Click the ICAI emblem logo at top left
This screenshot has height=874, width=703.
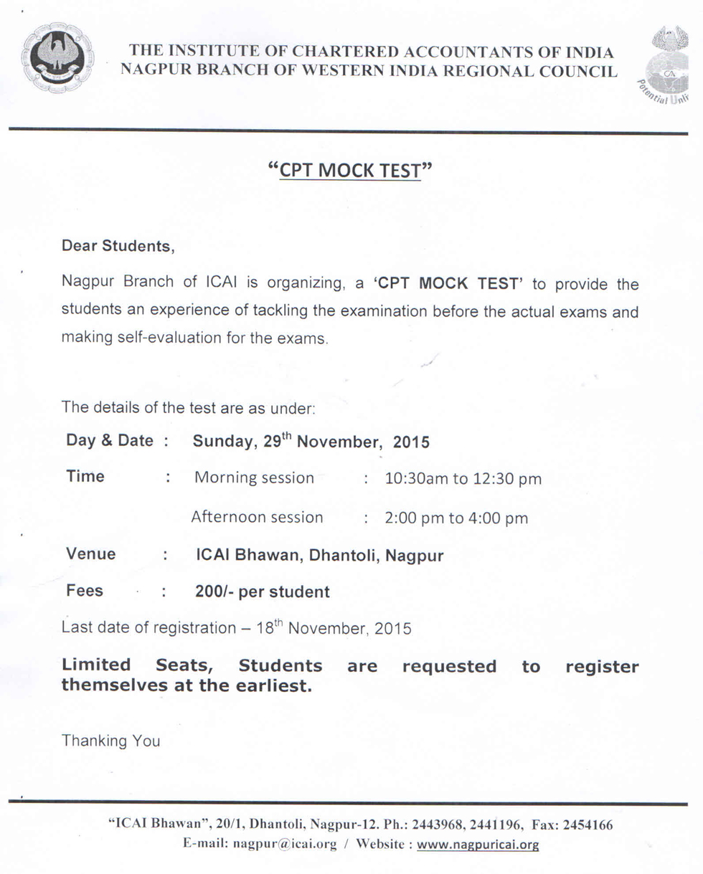click(57, 58)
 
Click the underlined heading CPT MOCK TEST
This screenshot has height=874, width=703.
click(350, 171)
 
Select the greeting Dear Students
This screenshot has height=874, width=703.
click(118, 246)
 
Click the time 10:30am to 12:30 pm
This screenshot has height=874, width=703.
click(463, 478)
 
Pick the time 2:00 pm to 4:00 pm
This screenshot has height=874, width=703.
click(456, 518)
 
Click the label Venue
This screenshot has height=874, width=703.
click(91, 554)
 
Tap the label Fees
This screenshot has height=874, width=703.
click(85, 592)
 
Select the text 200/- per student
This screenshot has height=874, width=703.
click(263, 592)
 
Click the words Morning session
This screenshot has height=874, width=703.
click(254, 478)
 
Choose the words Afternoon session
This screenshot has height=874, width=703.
click(257, 517)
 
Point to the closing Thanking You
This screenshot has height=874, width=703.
click(111, 741)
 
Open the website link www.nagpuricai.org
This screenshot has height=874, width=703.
click(478, 845)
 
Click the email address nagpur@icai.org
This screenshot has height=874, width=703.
click(285, 844)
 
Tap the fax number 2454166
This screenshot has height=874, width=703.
click(588, 825)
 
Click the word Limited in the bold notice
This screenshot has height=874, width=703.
click(96, 666)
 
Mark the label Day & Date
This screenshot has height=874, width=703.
click(110, 440)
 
